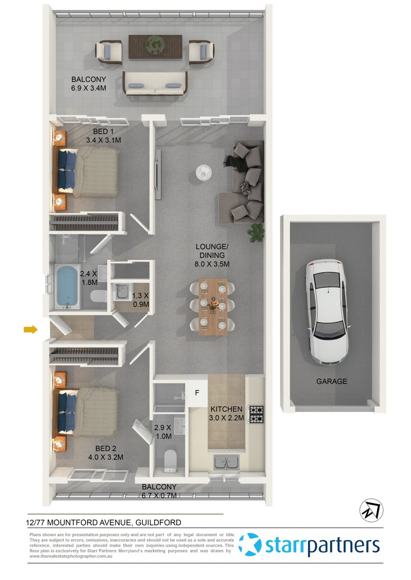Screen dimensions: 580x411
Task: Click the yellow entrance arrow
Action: [30, 329]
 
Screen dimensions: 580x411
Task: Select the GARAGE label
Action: [331, 381]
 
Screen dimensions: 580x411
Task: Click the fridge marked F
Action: [197, 393]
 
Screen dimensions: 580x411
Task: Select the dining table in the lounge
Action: [213, 306]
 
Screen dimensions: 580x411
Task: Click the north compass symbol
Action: [371, 511]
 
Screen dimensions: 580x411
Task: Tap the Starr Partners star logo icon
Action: [251, 545]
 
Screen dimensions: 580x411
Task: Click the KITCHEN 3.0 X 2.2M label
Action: [227, 413]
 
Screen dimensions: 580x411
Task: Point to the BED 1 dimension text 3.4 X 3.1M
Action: [103, 140]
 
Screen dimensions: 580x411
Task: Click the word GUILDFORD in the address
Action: [158, 522]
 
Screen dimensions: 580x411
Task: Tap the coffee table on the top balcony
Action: [155, 46]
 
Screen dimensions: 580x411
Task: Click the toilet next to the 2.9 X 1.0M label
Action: [170, 461]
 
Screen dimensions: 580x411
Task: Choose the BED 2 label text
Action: [106, 448]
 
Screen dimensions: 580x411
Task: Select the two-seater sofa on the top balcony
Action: [155, 84]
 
